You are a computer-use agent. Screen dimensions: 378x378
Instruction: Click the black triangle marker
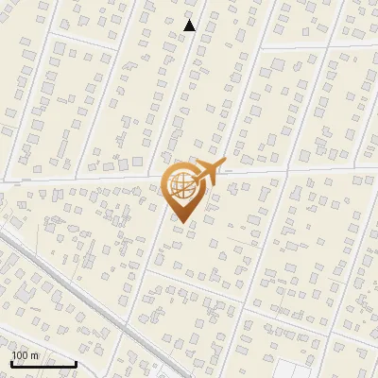[190, 26]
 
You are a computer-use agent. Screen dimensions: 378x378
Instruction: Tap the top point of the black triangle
[190, 20]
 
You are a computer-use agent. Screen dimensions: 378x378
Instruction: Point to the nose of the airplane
[222, 166]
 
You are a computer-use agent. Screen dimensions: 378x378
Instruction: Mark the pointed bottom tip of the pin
[180, 223]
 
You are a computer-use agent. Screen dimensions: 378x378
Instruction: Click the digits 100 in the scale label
[20, 355]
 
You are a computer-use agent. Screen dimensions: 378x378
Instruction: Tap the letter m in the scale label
[34, 355]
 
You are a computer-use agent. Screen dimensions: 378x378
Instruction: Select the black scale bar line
[43, 364]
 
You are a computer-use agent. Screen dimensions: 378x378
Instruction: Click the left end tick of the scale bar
[11, 362]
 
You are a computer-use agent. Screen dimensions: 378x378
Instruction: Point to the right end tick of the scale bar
[76, 362]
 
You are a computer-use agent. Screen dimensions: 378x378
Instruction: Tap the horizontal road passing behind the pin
[94, 179]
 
